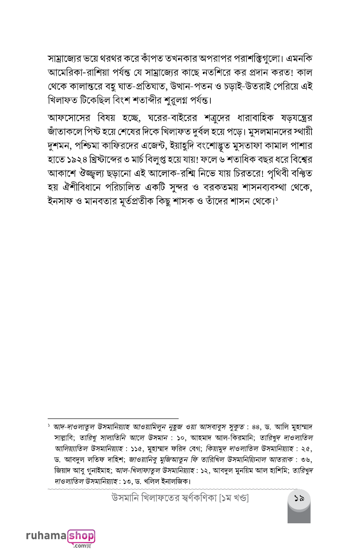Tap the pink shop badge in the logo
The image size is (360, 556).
(81, 535)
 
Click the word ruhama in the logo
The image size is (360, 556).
(47, 536)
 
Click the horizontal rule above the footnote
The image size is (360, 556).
(113, 418)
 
